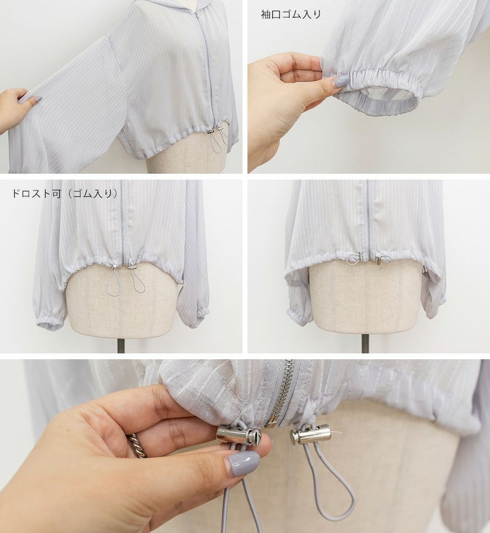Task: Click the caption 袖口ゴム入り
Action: point(290,14)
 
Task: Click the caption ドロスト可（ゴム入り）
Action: point(65,193)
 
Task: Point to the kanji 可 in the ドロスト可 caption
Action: point(56,193)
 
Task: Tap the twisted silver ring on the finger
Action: point(136,444)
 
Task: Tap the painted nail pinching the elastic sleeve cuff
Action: point(341,81)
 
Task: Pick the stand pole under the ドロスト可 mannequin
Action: point(120,344)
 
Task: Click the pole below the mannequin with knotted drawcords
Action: point(365,343)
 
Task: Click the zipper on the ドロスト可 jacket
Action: point(123,223)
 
